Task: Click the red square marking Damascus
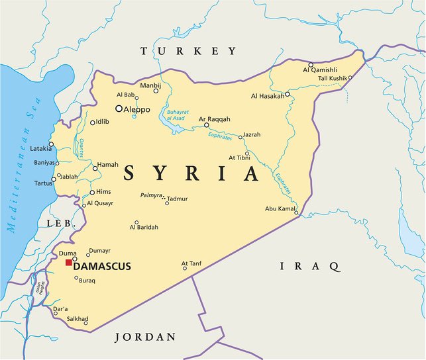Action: [69, 263]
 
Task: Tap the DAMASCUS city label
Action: [102, 267]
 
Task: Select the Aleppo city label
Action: [137, 109]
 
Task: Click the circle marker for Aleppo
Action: [119, 109]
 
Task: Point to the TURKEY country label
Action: [187, 51]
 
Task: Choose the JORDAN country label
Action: [146, 337]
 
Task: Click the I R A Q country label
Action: [310, 266]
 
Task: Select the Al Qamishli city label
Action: [321, 69]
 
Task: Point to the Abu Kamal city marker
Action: [296, 213]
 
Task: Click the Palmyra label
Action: [151, 196]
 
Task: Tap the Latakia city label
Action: [41, 148]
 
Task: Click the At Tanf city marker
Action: [185, 269]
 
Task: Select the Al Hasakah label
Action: [268, 96]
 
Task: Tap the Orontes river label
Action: [82, 148]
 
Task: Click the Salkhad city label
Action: [78, 318]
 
